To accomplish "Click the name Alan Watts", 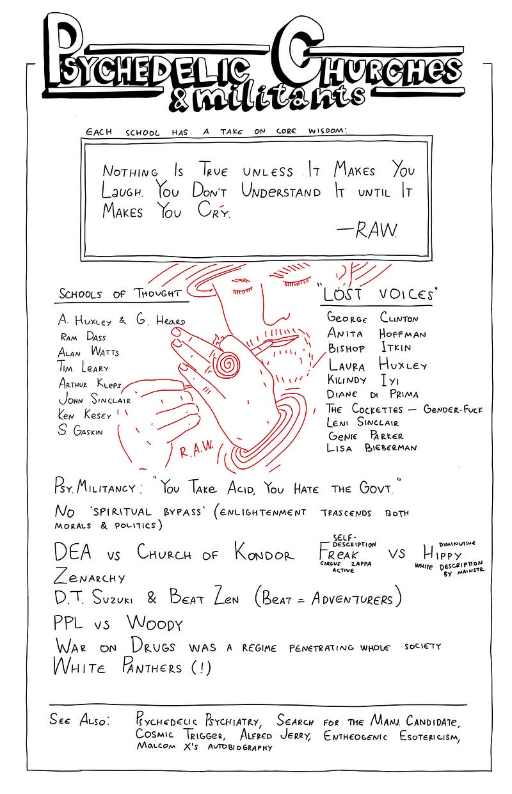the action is [x=88, y=352].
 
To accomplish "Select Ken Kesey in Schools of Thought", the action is [x=84, y=415].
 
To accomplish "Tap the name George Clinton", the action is [x=372, y=317].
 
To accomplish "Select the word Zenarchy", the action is [x=90, y=576].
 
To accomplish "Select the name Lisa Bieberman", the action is [x=372, y=448].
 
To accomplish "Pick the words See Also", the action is [x=79, y=719].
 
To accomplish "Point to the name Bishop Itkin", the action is [x=369, y=349].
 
